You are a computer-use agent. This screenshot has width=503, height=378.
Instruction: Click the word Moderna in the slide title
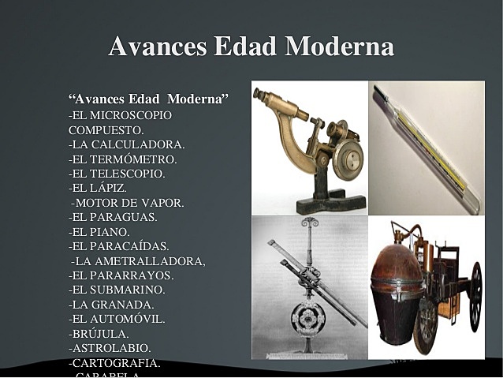coord(339,46)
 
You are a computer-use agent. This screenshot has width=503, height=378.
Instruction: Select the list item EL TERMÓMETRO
coord(122,159)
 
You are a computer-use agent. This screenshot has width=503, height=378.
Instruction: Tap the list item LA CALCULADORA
coord(126,144)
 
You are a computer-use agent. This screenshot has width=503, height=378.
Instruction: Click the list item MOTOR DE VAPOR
coord(128,203)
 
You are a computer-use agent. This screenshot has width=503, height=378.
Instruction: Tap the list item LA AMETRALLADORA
coord(138,261)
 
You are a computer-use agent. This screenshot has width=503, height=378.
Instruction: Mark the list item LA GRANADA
coord(111,305)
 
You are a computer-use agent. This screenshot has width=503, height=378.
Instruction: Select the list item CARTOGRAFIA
coord(114,363)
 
